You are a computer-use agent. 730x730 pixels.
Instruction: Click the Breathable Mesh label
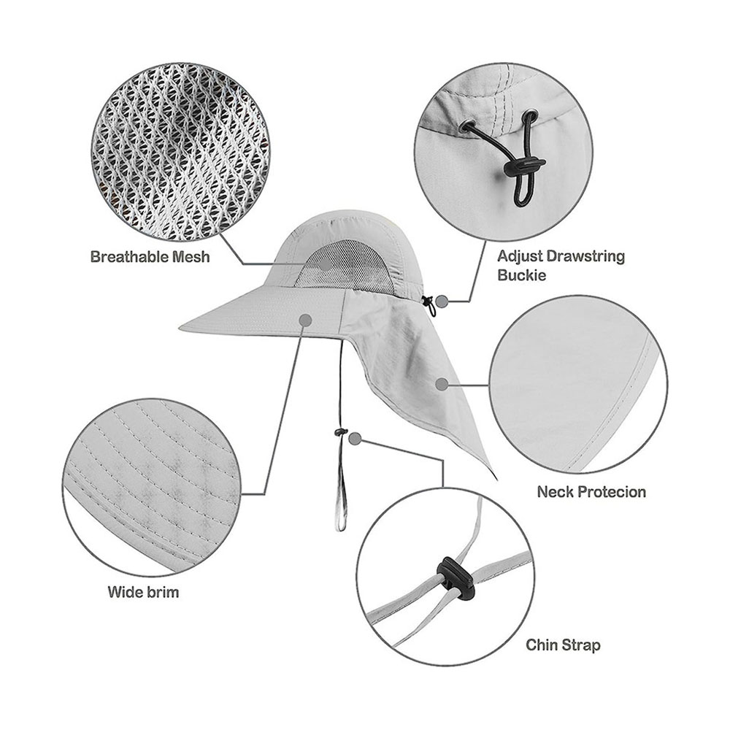coord(150,256)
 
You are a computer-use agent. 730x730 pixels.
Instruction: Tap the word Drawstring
coord(585,256)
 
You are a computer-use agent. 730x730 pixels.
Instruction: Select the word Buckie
coord(521,274)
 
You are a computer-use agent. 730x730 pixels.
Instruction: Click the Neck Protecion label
coord(591,491)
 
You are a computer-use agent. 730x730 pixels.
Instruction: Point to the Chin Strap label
coord(563,645)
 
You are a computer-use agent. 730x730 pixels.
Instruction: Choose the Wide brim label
coord(143,592)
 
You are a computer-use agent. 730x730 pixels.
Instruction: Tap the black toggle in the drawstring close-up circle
coord(524,167)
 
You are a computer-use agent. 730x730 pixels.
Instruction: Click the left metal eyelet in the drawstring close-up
coord(469,126)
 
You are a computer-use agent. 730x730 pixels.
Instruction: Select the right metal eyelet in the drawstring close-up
coord(529,116)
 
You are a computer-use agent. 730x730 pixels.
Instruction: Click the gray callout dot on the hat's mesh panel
coord(326,264)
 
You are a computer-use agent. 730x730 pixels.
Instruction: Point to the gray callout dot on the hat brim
coord(305,320)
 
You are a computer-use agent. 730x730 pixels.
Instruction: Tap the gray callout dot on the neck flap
coord(442,384)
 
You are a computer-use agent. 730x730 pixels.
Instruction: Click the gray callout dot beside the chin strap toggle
coord(356,437)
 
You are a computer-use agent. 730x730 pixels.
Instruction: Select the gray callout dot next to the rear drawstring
coord(442,301)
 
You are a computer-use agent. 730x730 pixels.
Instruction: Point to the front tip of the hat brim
coord(180,329)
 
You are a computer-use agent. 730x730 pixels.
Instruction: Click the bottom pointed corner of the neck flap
coord(496,480)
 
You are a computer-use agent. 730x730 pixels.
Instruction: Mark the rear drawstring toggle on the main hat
coord(427,301)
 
